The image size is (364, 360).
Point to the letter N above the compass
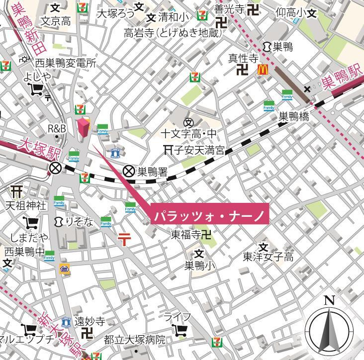tap(328, 300)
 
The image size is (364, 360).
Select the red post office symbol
tap(124, 240)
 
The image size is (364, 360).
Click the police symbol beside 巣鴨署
tap(129, 172)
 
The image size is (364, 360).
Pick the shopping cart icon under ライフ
tap(179, 330)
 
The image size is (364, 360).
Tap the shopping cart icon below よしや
tap(36, 90)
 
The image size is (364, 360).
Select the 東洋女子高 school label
tap(268, 257)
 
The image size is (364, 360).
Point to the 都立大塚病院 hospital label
tap(134, 340)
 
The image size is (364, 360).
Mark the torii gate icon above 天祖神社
tap(17, 191)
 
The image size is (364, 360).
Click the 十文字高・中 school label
tap(189, 133)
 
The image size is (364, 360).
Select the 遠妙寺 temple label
tap(90, 321)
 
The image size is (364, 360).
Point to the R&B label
tap(57, 129)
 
